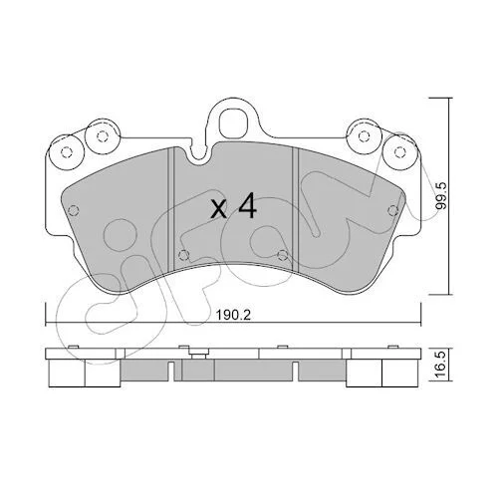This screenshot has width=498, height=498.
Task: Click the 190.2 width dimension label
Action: (233, 315)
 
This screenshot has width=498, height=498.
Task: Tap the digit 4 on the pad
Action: (247, 206)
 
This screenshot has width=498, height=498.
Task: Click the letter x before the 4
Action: (219, 210)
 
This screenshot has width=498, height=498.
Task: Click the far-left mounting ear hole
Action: (67, 151)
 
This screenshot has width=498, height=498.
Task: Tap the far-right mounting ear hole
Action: (399, 151)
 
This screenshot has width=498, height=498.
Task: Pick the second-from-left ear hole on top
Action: (102, 135)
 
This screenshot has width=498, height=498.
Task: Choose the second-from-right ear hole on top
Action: (365, 135)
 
